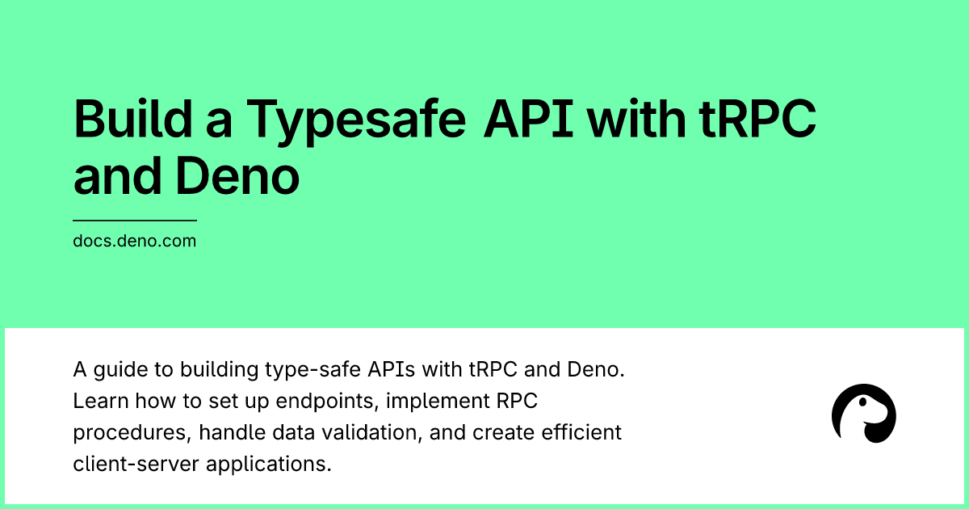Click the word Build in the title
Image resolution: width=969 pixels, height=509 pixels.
132,118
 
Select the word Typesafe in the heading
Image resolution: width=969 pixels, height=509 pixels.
356,123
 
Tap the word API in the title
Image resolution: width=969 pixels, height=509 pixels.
528,118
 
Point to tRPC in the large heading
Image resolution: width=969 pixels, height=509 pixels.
757,118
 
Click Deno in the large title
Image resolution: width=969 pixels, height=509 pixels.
237,176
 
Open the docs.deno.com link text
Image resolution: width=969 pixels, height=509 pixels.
135,241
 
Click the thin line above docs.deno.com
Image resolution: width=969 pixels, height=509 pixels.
135,221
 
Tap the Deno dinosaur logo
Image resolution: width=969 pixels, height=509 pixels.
864,414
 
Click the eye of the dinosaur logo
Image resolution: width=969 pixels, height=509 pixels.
862,402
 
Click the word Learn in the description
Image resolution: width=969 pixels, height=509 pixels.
101,401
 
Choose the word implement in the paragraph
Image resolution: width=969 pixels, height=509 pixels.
438,402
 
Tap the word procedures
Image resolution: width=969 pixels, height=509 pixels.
132,433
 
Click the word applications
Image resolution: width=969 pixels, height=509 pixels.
269,465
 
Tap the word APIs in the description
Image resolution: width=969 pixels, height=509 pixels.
391,370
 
